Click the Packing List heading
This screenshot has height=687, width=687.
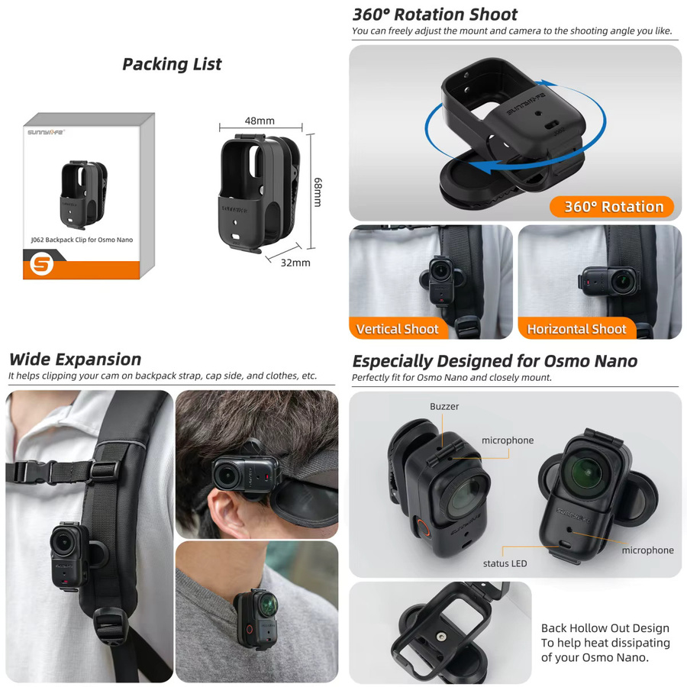172,64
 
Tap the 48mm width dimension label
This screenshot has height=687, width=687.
260,121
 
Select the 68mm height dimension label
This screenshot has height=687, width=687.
318,192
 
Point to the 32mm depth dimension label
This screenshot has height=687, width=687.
295,263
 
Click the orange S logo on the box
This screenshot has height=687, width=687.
42,264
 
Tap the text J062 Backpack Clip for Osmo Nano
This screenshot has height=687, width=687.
82,240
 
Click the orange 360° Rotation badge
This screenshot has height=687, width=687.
611,206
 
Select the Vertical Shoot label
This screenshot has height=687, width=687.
397,328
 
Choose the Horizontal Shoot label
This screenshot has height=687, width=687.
576,328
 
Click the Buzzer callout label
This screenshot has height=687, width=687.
444,406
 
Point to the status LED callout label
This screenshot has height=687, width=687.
505,563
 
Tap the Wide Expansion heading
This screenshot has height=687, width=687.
75,360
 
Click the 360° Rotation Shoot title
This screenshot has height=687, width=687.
434,15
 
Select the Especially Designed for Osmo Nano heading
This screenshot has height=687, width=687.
495,361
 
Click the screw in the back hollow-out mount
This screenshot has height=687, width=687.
441,635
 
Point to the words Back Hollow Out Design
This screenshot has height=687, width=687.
605,628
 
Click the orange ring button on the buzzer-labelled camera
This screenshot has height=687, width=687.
423,527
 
